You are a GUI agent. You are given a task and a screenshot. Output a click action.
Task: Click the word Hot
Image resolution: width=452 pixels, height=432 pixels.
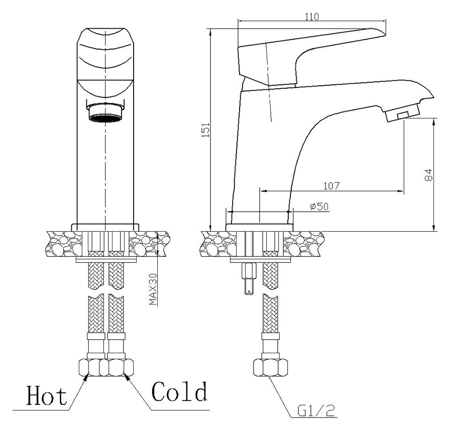click(47, 395)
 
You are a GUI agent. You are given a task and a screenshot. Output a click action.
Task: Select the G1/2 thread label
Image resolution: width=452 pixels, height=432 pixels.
click(316, 411)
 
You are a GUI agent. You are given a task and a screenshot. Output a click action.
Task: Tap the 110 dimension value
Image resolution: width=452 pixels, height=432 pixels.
click(312, 17)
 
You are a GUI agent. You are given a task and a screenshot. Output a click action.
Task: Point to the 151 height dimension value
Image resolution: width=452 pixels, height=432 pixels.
click(205, 129)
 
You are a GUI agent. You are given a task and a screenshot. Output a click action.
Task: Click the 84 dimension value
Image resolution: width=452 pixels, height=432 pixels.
click(429, 175)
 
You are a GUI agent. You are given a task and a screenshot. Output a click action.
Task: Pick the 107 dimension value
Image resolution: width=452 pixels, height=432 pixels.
click(331, 186)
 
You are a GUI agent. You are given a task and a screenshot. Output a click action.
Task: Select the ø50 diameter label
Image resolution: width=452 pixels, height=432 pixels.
click(319, 206)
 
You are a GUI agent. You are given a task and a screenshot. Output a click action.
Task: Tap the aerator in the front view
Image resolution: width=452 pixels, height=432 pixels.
click(105, 113)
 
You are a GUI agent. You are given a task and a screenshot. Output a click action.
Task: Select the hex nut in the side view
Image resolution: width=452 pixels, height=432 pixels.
click(270, 367)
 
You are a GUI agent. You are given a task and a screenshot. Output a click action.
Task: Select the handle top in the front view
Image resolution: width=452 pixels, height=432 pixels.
click(105, 53)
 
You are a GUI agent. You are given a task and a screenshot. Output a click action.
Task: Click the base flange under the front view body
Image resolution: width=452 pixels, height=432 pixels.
click(105, 227)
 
